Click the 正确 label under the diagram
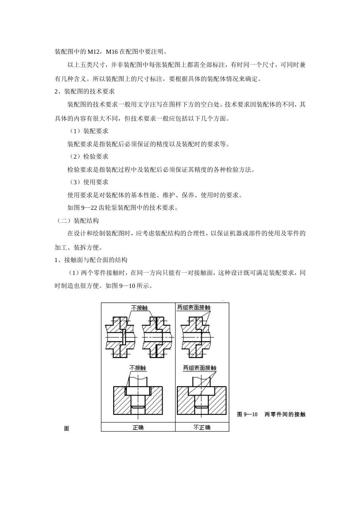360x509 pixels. pyautogui.click(x=138, y=427)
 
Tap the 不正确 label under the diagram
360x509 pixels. pyautogui.click(x=202, y=427)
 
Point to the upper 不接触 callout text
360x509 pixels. pyautogui.click(x=139, y=308)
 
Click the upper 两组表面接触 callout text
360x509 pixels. pyautogui.click(x=194, y=308)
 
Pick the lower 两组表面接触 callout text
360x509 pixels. pyautogui.click(x=200, y=368)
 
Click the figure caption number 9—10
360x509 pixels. pyautogui.click(x=251, y=414)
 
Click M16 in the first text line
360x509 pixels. pyautogui.click(x=112, y=52)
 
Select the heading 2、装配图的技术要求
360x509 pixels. pyautogui.click(x=85, y=91)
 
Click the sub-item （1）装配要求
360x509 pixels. pyautogui.click(x=89, y=131)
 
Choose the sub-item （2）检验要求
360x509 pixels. pyautogui.click(x=89, y=156)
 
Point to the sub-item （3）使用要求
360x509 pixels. pyautogui.click(x=89, y=182)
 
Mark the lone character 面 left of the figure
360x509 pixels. pyautogui.click(x=67, y=429)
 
